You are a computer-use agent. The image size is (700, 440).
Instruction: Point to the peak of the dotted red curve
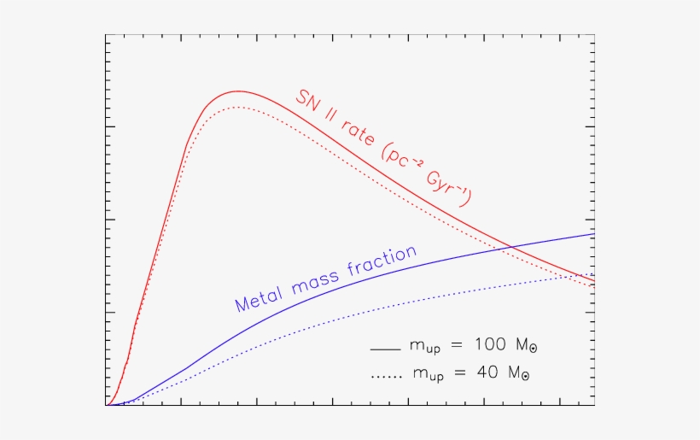[238, 107]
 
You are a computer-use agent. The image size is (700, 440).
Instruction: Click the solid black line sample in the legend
[385, 349]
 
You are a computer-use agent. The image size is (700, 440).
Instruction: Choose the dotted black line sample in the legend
[385, 375]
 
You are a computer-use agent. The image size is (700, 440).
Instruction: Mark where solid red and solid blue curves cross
[510, 248]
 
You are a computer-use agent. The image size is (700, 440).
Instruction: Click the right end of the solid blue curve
[594, 233]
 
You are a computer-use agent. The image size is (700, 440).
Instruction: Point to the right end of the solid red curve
[594, 281]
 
